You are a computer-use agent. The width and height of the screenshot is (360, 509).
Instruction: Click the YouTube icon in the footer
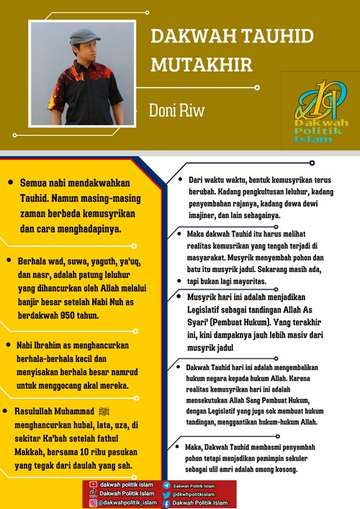93,485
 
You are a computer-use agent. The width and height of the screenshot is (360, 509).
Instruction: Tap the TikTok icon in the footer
93,494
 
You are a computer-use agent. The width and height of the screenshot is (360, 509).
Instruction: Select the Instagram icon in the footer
93,503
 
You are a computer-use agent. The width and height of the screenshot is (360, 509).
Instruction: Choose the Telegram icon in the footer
167,486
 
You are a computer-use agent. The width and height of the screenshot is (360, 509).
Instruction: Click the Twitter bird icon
167,495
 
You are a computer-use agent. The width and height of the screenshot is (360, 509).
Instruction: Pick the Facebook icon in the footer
167,503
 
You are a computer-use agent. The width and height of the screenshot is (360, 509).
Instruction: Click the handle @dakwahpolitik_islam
127,503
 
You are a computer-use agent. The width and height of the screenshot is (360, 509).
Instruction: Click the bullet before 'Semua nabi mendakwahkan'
10,183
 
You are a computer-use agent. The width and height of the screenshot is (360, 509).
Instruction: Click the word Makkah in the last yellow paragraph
31,459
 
